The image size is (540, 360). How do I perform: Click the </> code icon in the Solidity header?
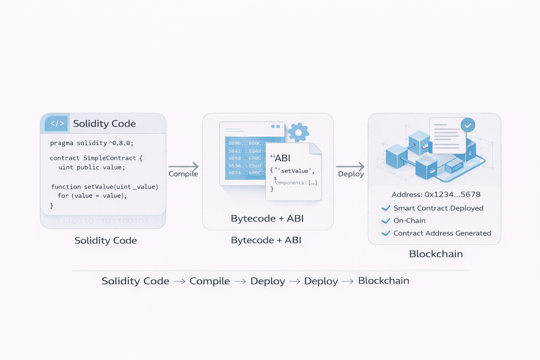point(57,123)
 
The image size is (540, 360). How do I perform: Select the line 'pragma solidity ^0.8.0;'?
point(92,143)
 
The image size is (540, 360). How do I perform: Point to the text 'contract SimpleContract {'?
point(96,158)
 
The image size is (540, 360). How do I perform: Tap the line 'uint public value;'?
point(91,167)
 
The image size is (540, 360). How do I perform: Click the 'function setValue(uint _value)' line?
point(104,187)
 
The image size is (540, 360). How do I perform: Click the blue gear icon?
point(298,133)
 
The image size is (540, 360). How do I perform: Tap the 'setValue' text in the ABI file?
point(295,171)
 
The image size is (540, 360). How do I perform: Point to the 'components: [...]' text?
point(296,183)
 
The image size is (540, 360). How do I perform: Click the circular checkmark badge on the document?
point(468,125)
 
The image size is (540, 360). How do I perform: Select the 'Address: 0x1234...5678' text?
point(436,194)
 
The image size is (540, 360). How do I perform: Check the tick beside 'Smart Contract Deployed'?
point(386,208)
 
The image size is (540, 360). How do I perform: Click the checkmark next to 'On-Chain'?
point(386,221)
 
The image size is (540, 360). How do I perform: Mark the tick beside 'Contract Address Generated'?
point(386,233)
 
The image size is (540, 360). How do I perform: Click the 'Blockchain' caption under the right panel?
point(436,254)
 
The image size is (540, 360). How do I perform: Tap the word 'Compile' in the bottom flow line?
point(210,281)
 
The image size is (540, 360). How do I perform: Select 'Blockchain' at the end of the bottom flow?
point(384,281)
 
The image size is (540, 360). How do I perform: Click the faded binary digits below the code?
point(103,221)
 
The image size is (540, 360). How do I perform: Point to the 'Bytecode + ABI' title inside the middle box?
point(267,218)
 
